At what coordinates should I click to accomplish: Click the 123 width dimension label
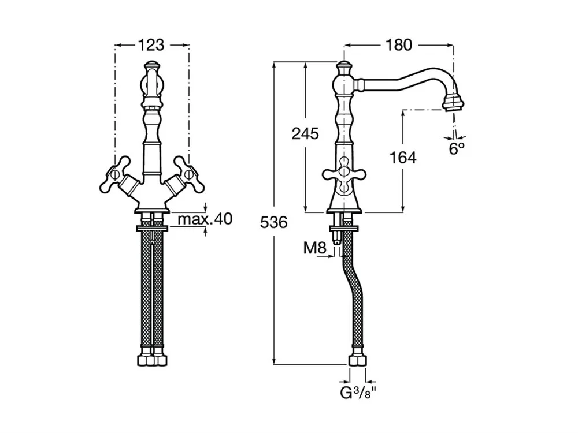pos(152,44)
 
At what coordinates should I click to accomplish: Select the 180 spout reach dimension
pos(399,44)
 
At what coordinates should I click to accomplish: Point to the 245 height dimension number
pos(305,134)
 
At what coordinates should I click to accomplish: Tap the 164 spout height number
pos(402,157)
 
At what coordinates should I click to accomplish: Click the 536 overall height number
pos(273,222)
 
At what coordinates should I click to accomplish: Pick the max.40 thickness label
pos(204,219)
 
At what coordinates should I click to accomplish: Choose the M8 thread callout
pos(316,249)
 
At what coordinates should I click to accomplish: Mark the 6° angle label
pos(457,148)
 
